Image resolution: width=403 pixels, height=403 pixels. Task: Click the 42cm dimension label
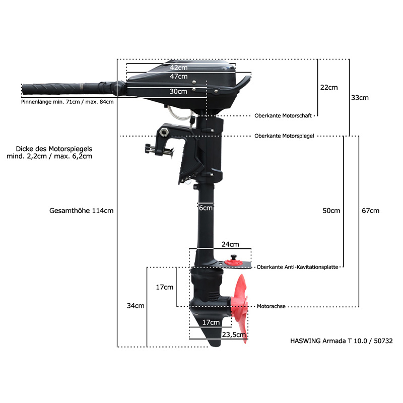(x=179, y=68)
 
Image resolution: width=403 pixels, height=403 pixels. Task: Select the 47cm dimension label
(x=179, y=77)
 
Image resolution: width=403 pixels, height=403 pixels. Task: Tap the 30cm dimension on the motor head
(x=178, y=91)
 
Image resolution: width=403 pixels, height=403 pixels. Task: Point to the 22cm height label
(x=329, y=87)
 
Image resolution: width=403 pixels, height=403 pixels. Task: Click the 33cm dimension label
(x=360, y=98)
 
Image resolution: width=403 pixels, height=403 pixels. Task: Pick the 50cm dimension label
(x=331, y=211)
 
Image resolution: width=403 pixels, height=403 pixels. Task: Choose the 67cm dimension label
(x=370, y=211)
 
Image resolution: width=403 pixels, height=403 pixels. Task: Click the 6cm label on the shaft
(x=206, y=208)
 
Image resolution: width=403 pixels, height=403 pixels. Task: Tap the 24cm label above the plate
(x=230, y=244)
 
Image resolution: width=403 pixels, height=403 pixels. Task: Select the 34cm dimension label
(x=136, y=306)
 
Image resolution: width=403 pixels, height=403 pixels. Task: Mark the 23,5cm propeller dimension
(x=234, y=334)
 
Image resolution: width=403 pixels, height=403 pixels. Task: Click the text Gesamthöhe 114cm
(x=81, y=211)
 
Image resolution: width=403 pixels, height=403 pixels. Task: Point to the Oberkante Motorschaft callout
(x=283, y=116)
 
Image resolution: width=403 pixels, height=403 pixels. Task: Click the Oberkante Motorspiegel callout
(x=284, y=136)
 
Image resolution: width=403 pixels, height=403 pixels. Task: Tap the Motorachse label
(x=271, y=306)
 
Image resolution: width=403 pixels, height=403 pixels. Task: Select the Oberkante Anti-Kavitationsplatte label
(x=297, y=267)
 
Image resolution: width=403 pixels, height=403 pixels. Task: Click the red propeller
(x=240, y=308)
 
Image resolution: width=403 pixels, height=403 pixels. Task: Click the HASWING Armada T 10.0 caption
(x=342, y=341)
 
